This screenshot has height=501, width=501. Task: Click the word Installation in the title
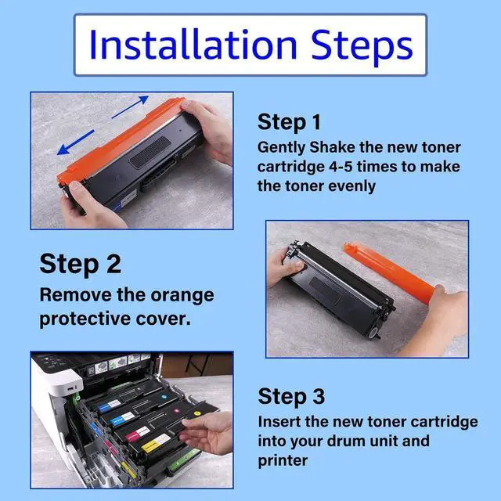pos(193,44)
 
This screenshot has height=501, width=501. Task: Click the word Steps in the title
pos(362,46)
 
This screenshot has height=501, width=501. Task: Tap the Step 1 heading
pos(289,122)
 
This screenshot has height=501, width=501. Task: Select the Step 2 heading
pos(80,264)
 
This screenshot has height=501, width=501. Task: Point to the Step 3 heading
pos(291,397)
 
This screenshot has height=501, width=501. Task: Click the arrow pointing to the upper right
pos(130,106)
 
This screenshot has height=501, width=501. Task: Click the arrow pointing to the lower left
pos(75,142)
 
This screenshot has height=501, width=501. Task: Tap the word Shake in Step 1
pos(332,147)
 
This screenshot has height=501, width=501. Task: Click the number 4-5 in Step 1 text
pos(341,167)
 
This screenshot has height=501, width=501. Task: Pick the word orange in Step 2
pos(182,296)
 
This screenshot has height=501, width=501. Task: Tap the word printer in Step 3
pos(283,462)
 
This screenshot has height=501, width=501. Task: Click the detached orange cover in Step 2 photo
pos(390,270)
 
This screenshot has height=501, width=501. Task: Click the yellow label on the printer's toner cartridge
pos(156,443)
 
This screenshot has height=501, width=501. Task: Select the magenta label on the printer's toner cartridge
pos(138,433)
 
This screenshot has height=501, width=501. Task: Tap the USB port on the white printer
pos(71,388)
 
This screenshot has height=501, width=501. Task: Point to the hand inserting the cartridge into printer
pos(207,432)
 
